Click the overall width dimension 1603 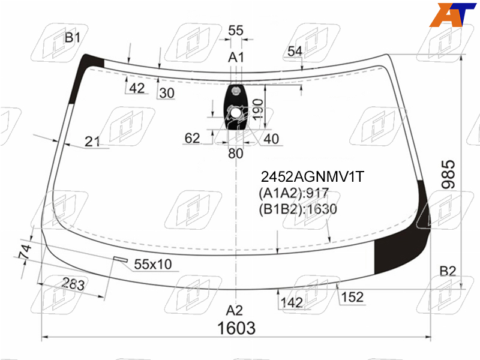click(x=236, y=328)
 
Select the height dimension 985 click(x=448, y=174)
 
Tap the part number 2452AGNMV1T click(x=312, y=176)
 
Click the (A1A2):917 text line click(x=293, y=193)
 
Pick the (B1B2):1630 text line click(x=298, y=209)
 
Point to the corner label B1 click(x=73, y=38)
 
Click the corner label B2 click(x=448, y=271)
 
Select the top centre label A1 click(x=236, y=57)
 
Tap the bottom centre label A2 click(x=235, y=310)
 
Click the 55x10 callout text click(x=153, y=264)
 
